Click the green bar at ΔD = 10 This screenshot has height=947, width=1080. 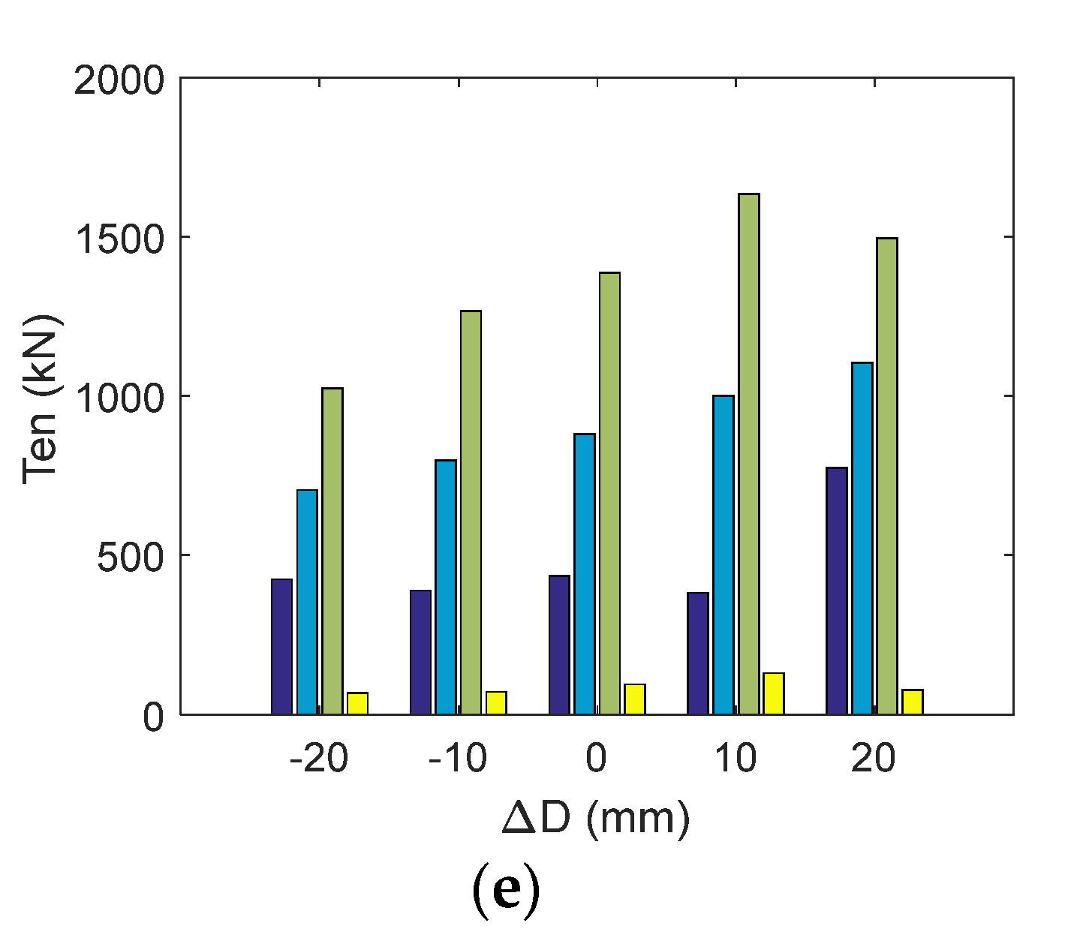pyautogui.click(x=748, y=454)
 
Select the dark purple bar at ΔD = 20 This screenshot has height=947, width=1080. pyautogui.click(x=836, y=591)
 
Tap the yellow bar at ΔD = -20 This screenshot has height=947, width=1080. pyautogui.click(x=357, y=703)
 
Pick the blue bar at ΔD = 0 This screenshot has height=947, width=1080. pyautogui.click(x=584, y=574)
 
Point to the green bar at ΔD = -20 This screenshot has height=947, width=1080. pyautogui.click(x=332, y=551)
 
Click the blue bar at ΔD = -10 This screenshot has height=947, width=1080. pyautogui.click(x=445, y=587)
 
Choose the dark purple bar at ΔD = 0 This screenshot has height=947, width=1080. pyautogui.click(x=559, y=645)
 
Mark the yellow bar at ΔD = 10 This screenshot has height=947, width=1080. pyautogui.click(x=773, y=693)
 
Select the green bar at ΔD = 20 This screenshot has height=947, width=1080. pyautogui.click(x=886, y=476)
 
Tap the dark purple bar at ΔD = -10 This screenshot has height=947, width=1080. pyautogui.click(x=420, y=652)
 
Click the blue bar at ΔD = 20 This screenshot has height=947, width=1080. pyautogui.click(x=862, y=538)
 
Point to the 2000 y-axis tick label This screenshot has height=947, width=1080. pyautogui.click(x=119, y=80)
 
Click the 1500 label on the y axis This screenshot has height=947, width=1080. pyautogui.click(x=119, y=239)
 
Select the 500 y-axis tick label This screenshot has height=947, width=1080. pyautogui.click(x=130, y=557)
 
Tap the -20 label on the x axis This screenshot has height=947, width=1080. pyautogui.click(x=319, y=759)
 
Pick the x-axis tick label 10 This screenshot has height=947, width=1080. pyautogui.click(x=735, y=759)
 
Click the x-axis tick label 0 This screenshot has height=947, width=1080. pyautogui.click(x=596, y=759)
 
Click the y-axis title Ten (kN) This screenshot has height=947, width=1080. pyautogui.click(x=43, y=398)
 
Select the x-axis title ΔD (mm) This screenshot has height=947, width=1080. pyautogui.click(x=595, y=819)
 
